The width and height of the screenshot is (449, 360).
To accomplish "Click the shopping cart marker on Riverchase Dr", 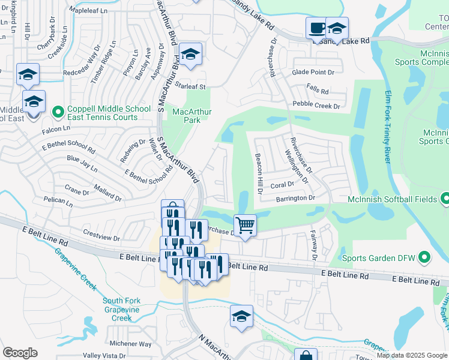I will pos(245,226).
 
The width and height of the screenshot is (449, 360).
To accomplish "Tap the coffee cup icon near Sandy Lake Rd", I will pos(316,28).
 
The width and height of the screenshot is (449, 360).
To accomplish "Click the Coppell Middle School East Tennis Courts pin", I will pos(58,112).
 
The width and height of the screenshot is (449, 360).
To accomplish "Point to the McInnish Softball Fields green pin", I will pos(445,197).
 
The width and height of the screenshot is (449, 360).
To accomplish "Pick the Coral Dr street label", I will pos(282,185).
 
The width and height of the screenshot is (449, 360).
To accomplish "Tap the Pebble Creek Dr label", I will pos(316,105).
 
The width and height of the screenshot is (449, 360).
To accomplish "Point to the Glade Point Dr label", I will pos(313,72).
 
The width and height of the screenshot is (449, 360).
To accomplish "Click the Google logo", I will pos(20,353).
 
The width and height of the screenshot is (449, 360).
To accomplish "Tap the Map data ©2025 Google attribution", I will pos(412,355).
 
